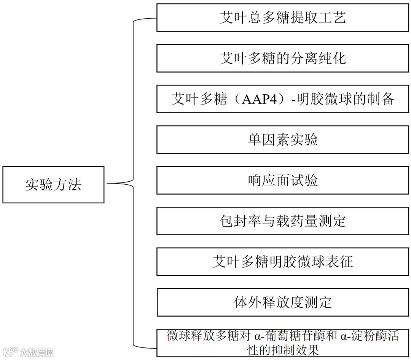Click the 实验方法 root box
53,184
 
